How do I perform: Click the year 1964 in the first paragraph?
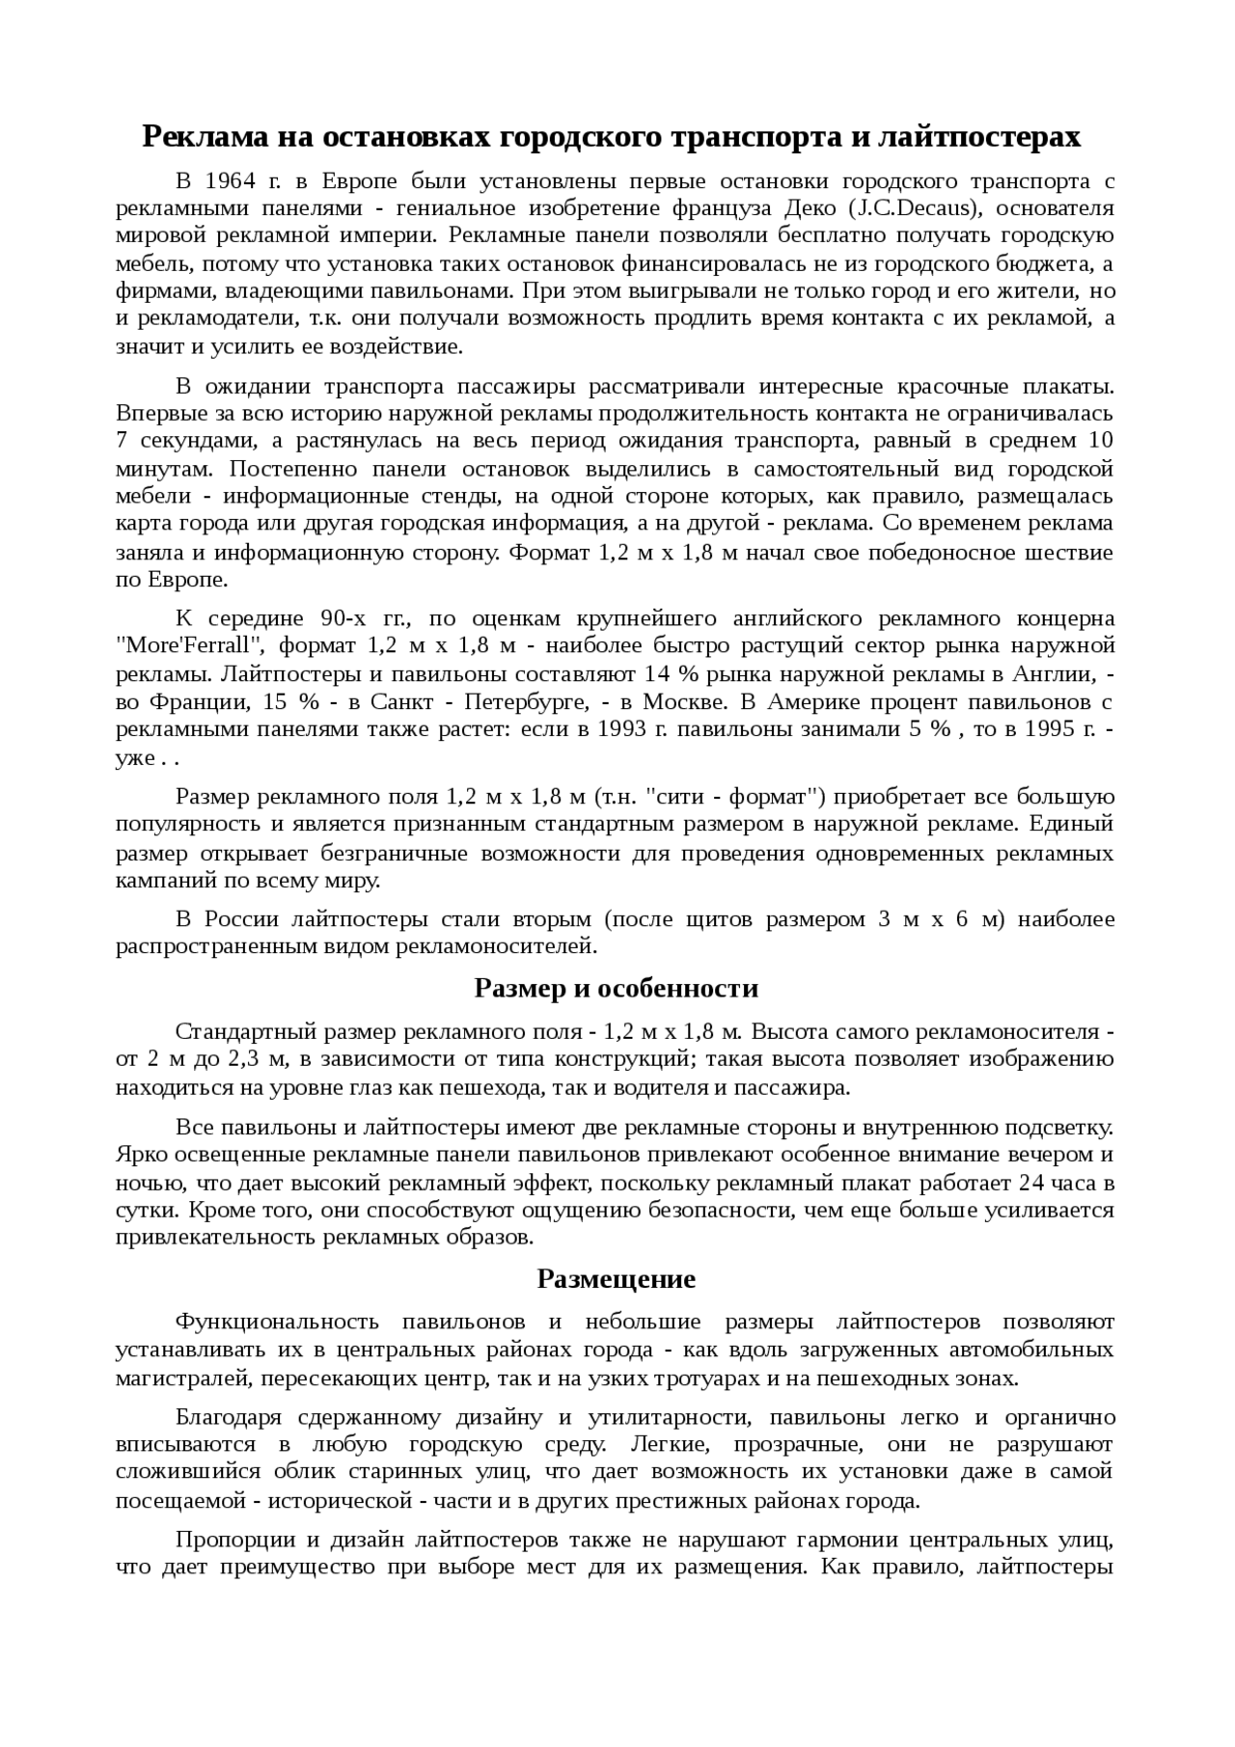(229, 181)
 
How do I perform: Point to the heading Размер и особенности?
(617, 989)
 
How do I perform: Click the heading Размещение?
(616, 1279)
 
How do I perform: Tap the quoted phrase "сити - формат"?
(734, 797)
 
